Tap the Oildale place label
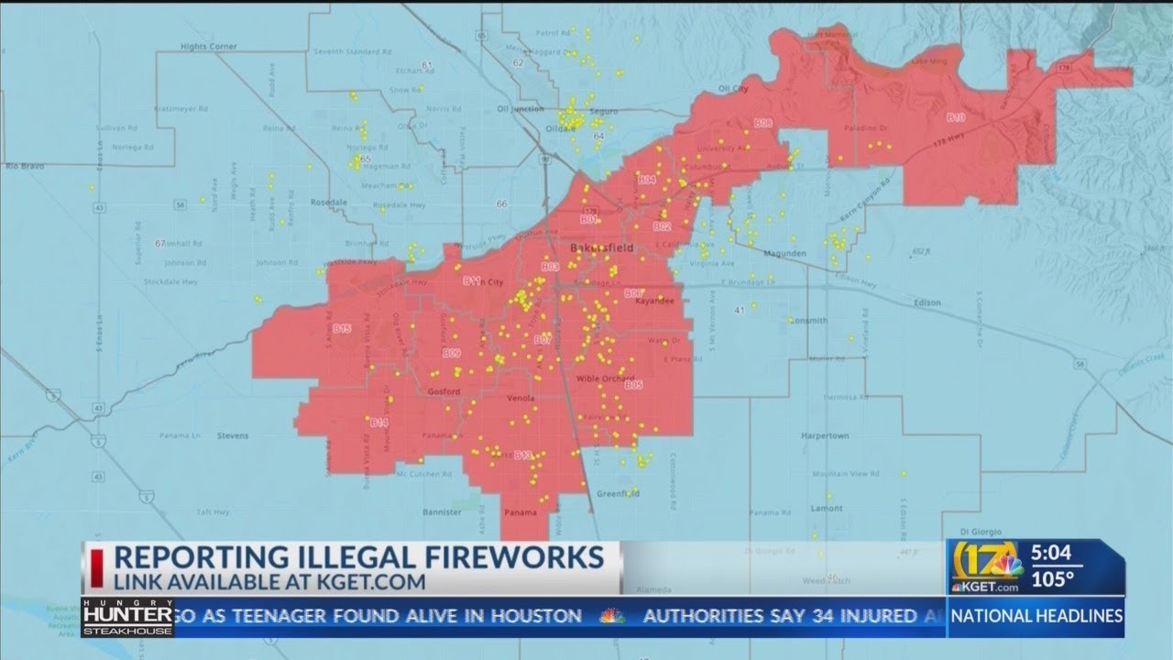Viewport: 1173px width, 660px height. click(561, 129)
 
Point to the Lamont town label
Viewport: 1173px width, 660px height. click(826, 509)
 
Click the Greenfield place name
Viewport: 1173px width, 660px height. click(618, 494)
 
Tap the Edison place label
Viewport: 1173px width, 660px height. click(927, 303)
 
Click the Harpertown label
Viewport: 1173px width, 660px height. click(826, 435)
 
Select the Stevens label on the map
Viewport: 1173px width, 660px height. click(233, 436)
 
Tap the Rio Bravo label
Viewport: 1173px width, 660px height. click(24, 167)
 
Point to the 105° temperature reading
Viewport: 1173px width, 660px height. click(1053, 579)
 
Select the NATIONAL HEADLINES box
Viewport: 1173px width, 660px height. click(1036, 616)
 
